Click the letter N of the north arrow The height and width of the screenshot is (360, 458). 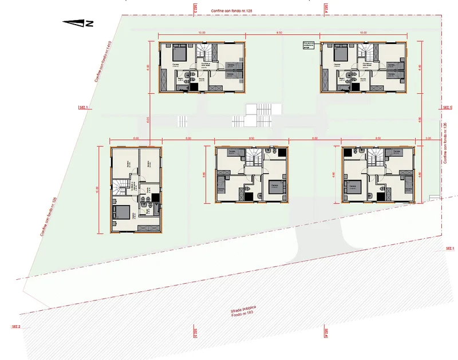(x=90, y=23)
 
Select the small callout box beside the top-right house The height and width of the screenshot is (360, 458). (x=309, y=45)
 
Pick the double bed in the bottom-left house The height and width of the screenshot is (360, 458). (x=122, y=212)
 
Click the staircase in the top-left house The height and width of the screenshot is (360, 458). (x=205, y=53)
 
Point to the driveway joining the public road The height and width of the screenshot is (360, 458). (x=318, y=240)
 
